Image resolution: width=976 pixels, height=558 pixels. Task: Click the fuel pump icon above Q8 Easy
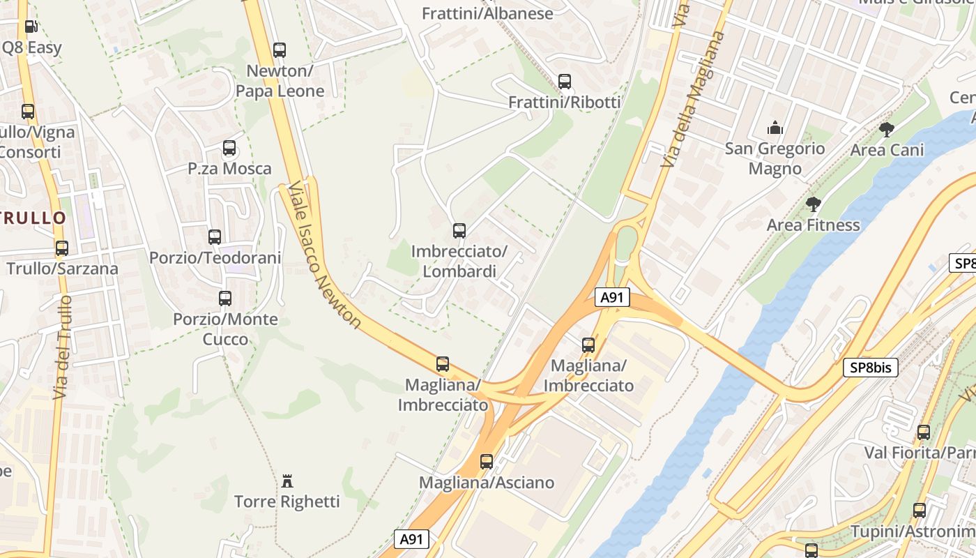tap(31, 27)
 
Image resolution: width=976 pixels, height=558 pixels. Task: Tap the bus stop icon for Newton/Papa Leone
tap(280, 50)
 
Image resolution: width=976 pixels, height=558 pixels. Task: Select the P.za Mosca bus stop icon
tap(229, 148)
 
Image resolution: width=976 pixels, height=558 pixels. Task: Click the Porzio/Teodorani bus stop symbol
tap(215, 237)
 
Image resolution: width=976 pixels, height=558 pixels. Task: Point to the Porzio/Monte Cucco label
tap(225, 329)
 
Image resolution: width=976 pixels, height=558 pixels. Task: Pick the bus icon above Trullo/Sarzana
tap(62, 248)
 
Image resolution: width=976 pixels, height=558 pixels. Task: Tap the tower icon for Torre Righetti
tap(287, 481)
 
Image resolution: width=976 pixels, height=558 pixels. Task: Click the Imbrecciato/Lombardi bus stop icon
tap(459, 231)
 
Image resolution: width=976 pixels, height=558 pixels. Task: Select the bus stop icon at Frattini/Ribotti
tap(565, 82)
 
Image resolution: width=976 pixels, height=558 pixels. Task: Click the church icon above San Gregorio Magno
tap(775, 128)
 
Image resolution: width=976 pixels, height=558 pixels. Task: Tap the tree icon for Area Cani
tap(887, 130)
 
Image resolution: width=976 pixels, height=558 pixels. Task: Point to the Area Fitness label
tap(813, 225)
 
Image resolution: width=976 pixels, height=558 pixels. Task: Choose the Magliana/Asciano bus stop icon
tap(487, 462)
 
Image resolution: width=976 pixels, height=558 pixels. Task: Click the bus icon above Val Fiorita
tap(924, 432)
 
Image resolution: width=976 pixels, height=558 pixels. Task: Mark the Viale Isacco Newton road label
tap(325, 255)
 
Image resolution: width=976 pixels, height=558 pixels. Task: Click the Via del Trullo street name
tap(63, 347)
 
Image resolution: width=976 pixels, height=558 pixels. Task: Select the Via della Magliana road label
tap(692, 99)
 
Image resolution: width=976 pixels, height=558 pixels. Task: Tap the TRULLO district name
tap(33, 218)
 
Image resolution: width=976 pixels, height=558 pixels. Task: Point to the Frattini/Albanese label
tap(488, 13)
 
